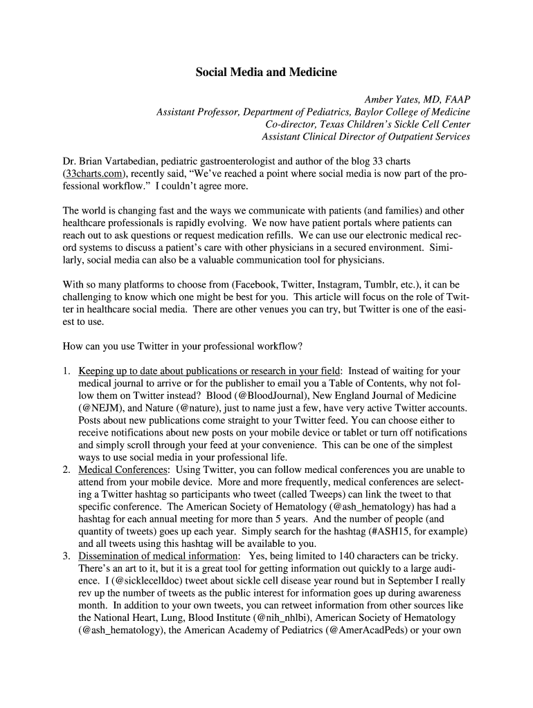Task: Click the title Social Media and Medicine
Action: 266,72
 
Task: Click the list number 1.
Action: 66,371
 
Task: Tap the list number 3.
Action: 66,556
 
